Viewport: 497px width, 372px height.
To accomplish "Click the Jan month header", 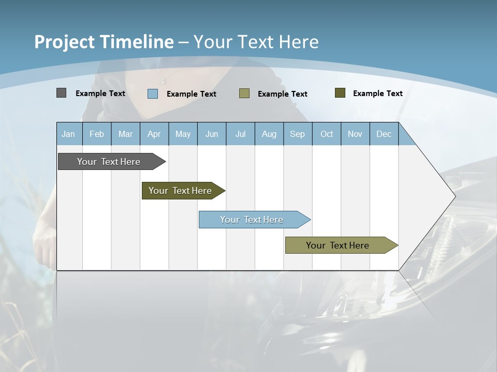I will [68, 134].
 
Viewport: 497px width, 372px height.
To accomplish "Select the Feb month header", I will [97, 134].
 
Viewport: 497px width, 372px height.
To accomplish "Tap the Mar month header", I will [125, 134].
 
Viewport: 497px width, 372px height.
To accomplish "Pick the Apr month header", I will [154, 134].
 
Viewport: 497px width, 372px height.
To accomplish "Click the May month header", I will [183, 134].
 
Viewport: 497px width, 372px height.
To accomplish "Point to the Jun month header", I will [212, 134].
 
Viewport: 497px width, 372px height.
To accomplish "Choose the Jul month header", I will [240, 134].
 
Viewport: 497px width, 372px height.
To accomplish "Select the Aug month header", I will [269, 134].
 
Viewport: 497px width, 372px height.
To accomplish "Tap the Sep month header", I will [298, 134].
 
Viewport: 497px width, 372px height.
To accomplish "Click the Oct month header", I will [327, 134].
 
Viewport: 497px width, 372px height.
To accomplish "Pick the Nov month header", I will [355, 134].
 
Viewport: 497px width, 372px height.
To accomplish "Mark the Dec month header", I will [384, 134].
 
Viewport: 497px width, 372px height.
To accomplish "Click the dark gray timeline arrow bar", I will [109, 162].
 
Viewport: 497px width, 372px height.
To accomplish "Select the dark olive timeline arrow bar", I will [181, 191].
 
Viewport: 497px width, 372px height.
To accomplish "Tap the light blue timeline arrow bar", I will [252, 220].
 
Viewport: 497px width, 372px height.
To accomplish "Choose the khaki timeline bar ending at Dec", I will [338, 245].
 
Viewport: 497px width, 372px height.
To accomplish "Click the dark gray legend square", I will [61, 93].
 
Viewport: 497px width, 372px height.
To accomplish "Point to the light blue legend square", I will [153, 94].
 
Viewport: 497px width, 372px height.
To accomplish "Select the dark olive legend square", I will [340, 93].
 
